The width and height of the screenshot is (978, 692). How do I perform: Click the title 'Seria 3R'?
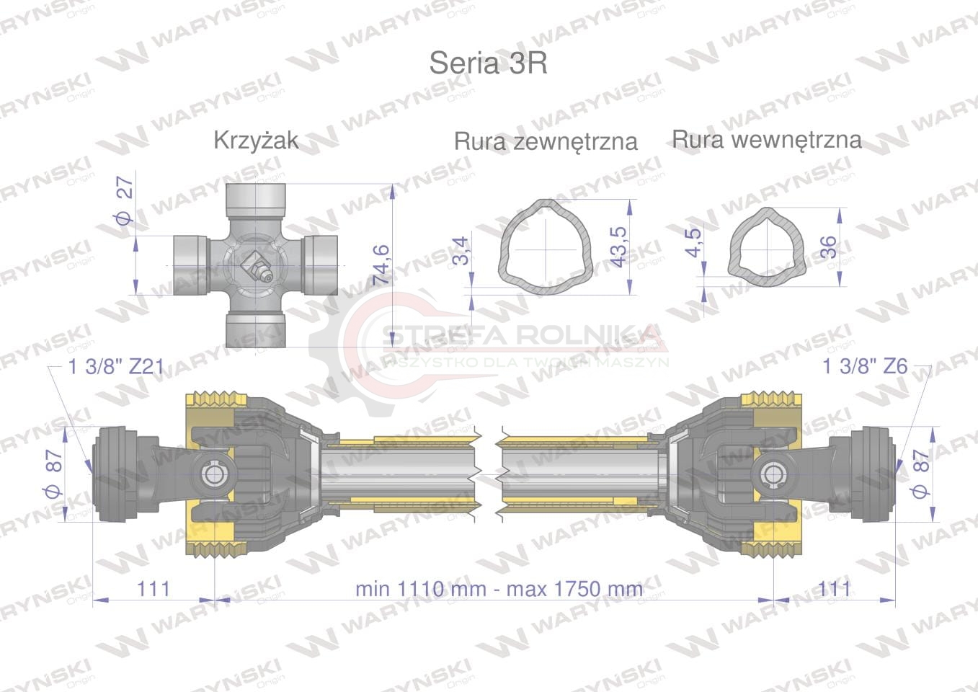pyautogui.click(x=488, y=63)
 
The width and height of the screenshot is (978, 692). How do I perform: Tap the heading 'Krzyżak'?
pyautogui.click(x=256, y=140)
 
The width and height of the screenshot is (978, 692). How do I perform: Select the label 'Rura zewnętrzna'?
pyautogui.click(x=546, y=141)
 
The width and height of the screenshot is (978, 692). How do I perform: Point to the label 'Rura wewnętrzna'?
pyautogui.click(x=766, y=139)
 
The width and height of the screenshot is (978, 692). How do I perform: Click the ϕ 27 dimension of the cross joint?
pyautogui.click(x=124, y=200)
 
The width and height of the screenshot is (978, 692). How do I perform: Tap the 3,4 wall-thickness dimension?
pyautogui.click(x=460, y=252)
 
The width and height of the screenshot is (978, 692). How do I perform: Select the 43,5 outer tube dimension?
pyautogui.click(x=618, y=247)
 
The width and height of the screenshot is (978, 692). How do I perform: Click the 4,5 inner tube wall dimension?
pyautogui.click(x=693, y=242)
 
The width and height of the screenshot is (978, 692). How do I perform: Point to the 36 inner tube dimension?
pyautogui.click(x=829, y=247)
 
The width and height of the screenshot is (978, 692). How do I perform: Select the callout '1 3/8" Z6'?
pyautogui.click(x=865, y=366)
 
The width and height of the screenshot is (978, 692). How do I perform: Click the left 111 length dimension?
pyautogui.click(x=154, y=589)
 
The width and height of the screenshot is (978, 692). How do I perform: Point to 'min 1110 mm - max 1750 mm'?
pyautogui.click(x=499, y=589)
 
